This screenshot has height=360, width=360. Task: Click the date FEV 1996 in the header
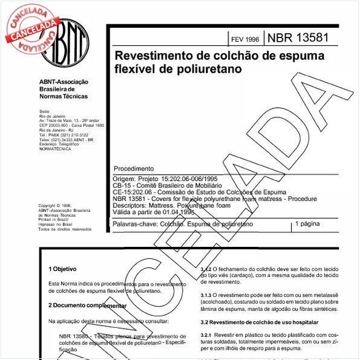pyautogui.click(x=244, y=39)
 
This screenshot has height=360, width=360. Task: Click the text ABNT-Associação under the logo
pyautogui.click(x=64, y=82)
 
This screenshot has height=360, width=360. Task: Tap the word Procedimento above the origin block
pyautogui.click(x=134, y=168)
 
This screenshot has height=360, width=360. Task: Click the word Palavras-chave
pyautogui.click(x=135, y=224)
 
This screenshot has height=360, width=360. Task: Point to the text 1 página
pyautogui.click(x=307, y=224)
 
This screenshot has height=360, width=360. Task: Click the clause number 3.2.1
pyautogui.click(x=209, y=334)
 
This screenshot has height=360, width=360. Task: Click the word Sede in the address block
pyautogui.click(x=44, y=112)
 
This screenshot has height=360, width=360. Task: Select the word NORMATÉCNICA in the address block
pyautogui.click(x=54, y=148)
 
